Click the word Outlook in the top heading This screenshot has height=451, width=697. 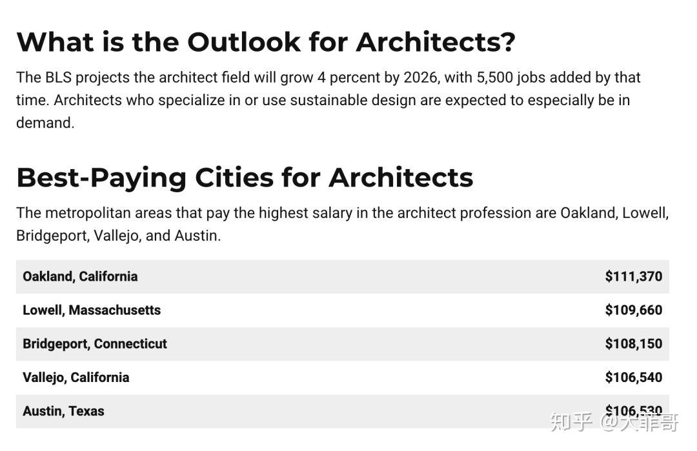tap(243, 42)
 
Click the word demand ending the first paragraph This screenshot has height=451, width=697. tap(44, 123)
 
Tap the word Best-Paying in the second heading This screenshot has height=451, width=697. tap(101, 177)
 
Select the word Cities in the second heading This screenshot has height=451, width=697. tap(234, 177)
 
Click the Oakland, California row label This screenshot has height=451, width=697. tap(80, 276)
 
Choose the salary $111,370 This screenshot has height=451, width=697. tap(634, 276)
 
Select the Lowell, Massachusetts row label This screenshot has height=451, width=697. tap(92, 310)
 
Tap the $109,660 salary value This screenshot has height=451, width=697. tap(634, 310)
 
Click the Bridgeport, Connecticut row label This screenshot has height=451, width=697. tap(95, 344)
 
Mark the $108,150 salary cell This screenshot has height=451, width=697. tap(634, 344)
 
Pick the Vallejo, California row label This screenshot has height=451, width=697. tap(76, 377)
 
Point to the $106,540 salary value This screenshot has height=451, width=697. tap(634, 377)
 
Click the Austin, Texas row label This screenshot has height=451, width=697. tap(63, 411)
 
